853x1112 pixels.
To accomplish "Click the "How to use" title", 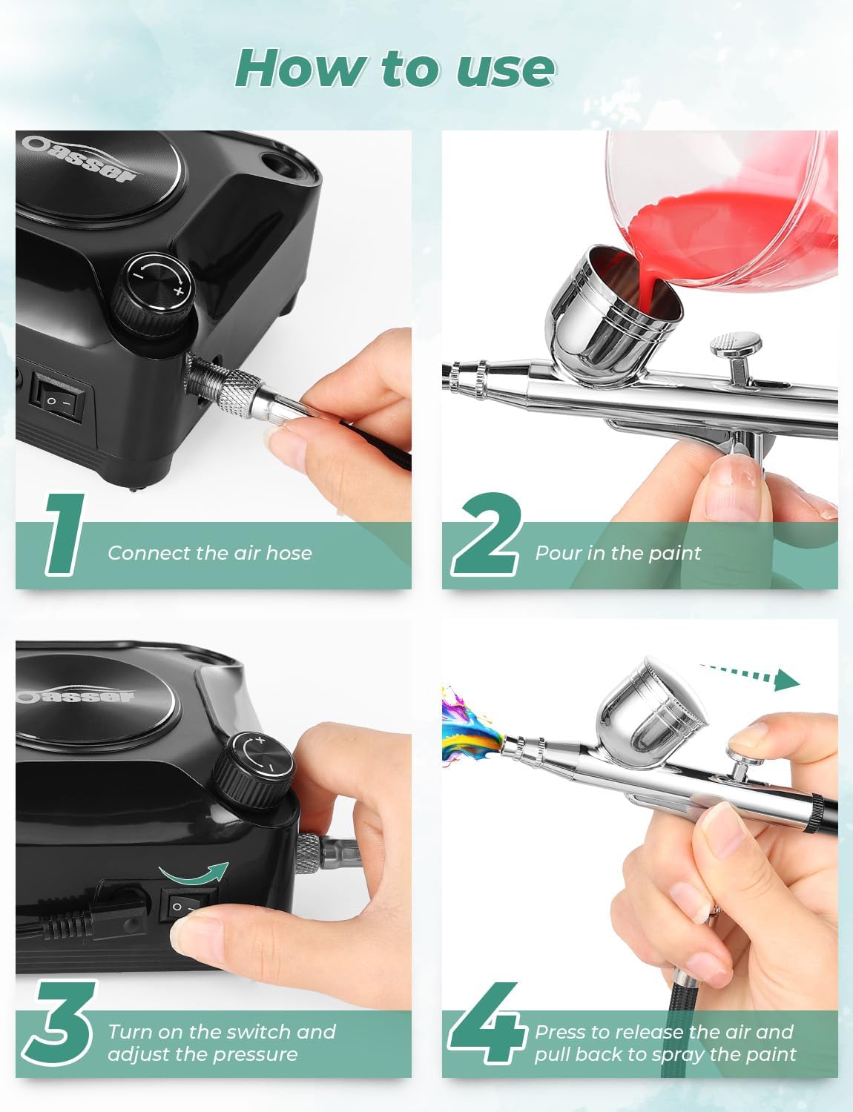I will click(395, 68).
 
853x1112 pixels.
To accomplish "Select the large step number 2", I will click(487, 533).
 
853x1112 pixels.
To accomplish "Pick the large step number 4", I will click(487, 1027).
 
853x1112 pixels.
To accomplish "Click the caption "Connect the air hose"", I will click(210, 553).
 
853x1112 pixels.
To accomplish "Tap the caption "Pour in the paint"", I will click(617, 553).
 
